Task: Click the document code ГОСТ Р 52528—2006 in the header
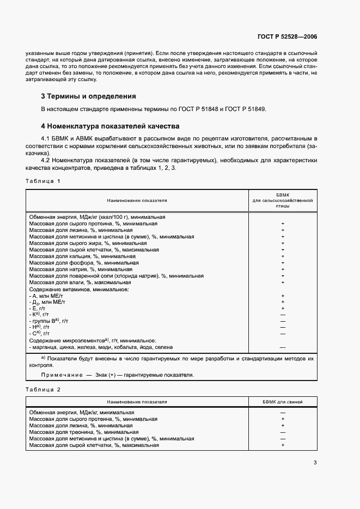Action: (x=287, y=37)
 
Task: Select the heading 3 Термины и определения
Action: (x=88, y=96)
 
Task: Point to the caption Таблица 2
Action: (x=43, y=389)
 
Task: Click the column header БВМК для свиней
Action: (x=283, y=402)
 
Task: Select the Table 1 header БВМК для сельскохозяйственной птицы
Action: (x=283, y=200)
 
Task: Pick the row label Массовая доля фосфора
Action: (x=83, y=262)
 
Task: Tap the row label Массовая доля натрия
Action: (x=81, y=269)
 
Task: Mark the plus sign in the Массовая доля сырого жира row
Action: (x=283, y=243)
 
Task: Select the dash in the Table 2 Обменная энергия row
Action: (x=283, y=413)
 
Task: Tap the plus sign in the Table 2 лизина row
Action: (x=283, y=426)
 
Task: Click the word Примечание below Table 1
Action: (x=59, y=375)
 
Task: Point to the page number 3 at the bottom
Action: (x=315, y=463)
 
